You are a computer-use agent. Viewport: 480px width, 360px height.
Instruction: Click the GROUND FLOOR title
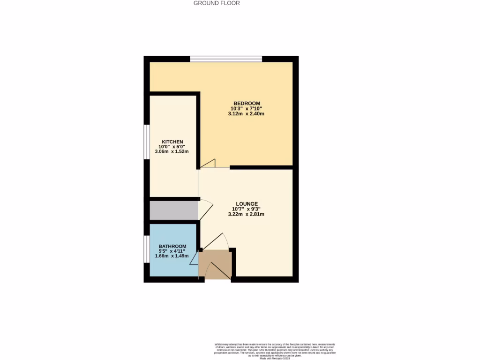[x=217, y=3]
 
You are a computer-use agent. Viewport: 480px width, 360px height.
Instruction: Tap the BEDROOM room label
[x=247, y=103]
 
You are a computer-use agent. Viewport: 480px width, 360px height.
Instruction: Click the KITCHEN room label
[x=172, y=142]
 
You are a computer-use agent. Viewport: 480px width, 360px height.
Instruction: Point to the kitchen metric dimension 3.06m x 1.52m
[x=172, y=152]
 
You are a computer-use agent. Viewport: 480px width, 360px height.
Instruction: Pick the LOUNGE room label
[x=247, y=203]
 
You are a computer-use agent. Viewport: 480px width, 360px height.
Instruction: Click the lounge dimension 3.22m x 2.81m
[x=247, y=214]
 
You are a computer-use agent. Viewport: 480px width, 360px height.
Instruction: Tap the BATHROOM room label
[x=172, y=246]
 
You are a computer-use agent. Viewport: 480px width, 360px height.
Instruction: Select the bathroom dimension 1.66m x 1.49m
[x=172, y=256]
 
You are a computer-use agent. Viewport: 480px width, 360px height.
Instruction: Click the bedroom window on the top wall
[x=226, y=59]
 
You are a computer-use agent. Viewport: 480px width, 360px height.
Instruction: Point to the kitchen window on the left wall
[x=146, y=142]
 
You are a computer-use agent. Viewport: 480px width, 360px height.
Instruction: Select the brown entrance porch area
[x=216, y=265]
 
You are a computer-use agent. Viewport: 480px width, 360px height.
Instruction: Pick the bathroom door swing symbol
[x=194, y=258]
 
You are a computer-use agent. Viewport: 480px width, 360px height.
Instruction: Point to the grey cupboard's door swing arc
[x=207, y=207]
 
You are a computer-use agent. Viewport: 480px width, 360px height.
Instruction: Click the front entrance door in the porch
[x=217, y=271]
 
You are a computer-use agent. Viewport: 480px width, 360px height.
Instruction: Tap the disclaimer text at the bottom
[x=274, y=351]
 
